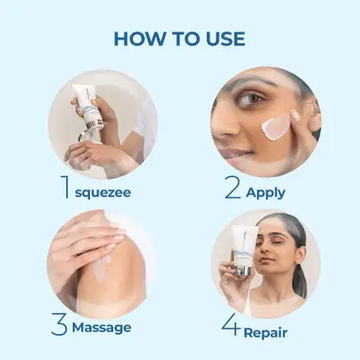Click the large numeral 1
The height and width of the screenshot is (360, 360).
click(x=65, y=187)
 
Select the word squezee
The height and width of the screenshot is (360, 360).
click(x=103, y=193)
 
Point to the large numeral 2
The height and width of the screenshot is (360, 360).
click(x=233, y=187)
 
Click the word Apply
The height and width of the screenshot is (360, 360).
click(x=266, y=193)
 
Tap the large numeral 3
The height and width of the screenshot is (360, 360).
click(x=60, y=325)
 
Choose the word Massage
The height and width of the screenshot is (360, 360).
click(x=101, y=328)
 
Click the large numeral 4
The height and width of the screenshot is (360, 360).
click(x=231, y=325)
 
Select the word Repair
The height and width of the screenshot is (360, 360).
click(x=266, y=333)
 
